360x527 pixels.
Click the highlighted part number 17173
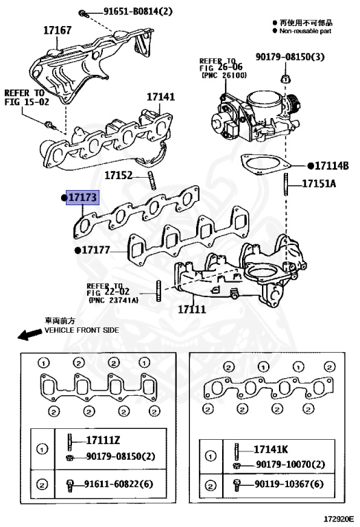82,198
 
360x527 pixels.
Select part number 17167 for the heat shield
58,30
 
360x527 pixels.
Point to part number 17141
160,97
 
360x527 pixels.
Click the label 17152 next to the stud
119,176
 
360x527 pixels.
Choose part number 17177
96,250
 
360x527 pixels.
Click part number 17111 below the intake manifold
192,309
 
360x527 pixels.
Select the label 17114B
332,166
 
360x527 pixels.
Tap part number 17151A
319,183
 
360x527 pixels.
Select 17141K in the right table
271,449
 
